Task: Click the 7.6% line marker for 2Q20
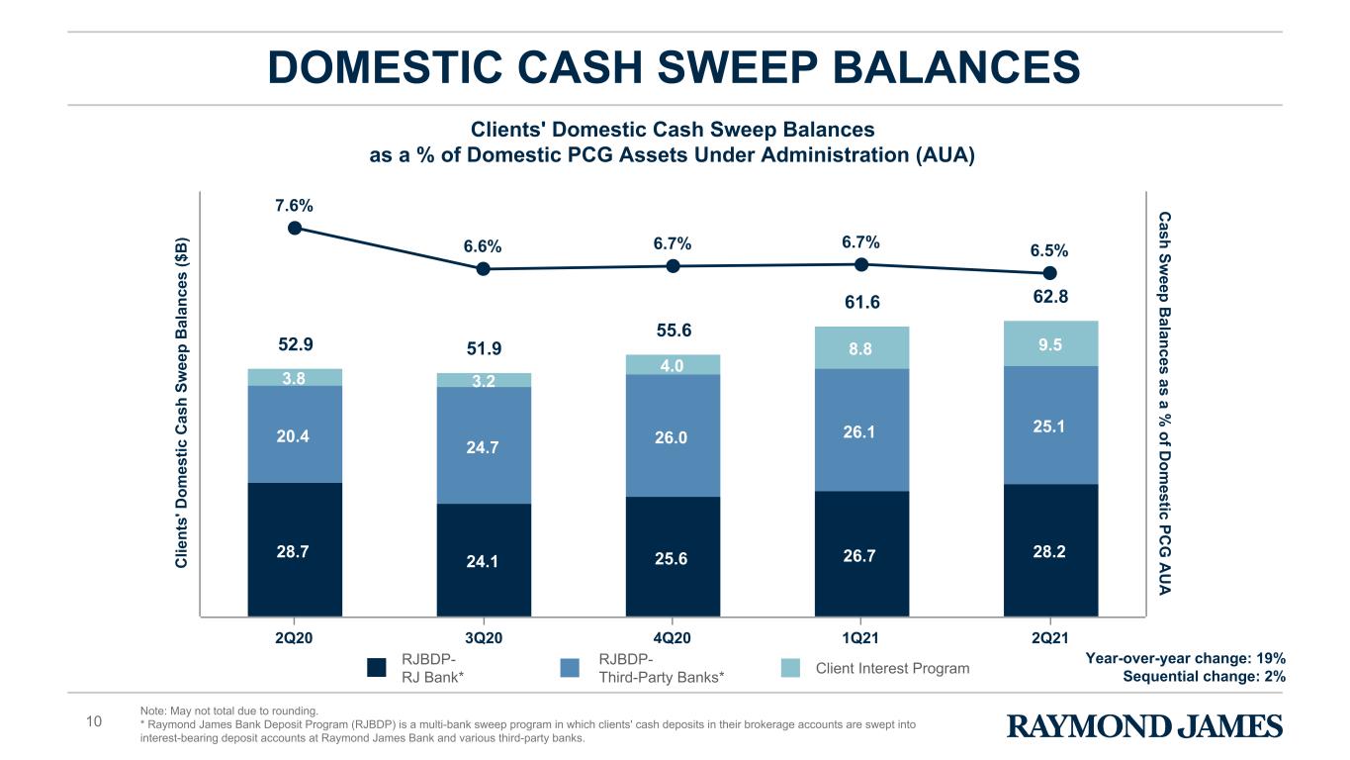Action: [x=295, y=228]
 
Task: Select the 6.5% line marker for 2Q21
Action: [x=1050, y=273]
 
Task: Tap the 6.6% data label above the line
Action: [x=483, y=246]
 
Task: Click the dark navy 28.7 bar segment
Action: [x=295, y=549]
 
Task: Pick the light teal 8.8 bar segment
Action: [x=861, y=348]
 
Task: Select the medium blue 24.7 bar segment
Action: [x=484, y=445]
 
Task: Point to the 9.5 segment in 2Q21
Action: [x=1051, y=343]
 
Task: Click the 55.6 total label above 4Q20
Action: [x=674, y=330]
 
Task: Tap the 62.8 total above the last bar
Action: [x=1050, y=296]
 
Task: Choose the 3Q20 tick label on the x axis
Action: [x=484, y=637]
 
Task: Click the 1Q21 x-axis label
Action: [x=860, y=637]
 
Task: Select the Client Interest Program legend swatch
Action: [x=790, y=668]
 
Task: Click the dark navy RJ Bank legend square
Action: [x=377, y=668]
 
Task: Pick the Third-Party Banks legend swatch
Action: [x=570, y=668]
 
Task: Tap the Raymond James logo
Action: [x=1144, y=726]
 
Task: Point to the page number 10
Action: [x=93, y=721]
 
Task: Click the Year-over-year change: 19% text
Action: [x=1186, y=658]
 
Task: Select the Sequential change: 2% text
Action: [x=1205, y=676]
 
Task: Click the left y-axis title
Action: [x=181, y=403]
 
